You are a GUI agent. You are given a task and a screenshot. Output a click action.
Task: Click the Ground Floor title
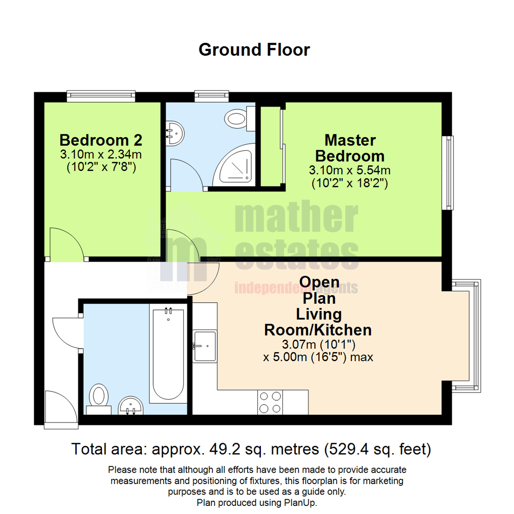pyautogui.click(x=254, y=49)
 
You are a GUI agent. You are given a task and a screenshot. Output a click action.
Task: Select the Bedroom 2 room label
pyautogui.click(x=100, y=140)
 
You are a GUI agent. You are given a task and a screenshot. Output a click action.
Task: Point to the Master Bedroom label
pyautogui.click(x=350, y=148)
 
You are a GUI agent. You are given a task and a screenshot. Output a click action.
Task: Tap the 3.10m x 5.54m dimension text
pyautogui.click(x=350, y=170)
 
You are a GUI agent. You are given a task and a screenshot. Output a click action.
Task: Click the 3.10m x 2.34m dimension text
pyautogui.click(x=100, y=154)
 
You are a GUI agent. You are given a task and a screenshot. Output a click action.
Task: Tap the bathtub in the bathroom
pyautogui.click(x=167, y=355)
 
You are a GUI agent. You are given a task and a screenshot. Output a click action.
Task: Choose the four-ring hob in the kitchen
pyautogui.click(x=269, y=402)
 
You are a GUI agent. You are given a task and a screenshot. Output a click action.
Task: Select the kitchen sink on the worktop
pyautogui.click(x=204, y=346)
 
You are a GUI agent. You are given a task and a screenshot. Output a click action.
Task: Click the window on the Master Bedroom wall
pyautogui.click(x=447, y=173)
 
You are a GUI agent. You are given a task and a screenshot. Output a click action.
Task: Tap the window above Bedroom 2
pyautogui.click(x=101, y=97)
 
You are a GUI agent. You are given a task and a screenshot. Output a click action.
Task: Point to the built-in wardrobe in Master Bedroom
pyautogui.click(x=270, y=146)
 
